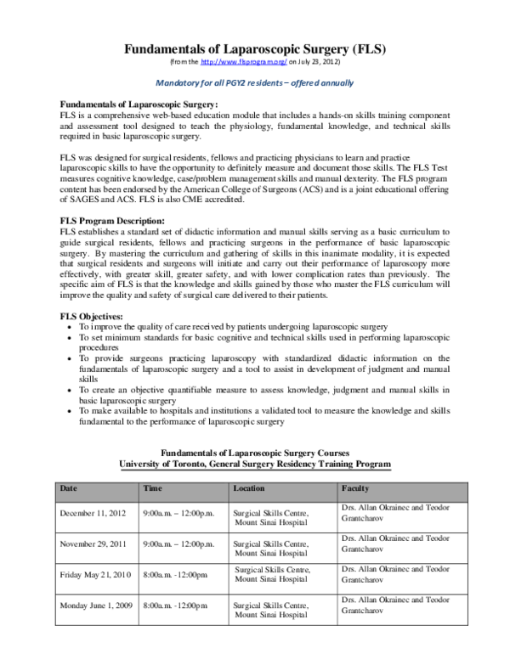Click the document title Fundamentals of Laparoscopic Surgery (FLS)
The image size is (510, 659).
coord(255,49)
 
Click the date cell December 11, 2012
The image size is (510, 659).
coord(94,514)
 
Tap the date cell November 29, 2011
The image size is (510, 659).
coord(95,544)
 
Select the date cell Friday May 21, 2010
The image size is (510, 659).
coord(95,574)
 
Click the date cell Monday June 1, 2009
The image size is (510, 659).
coord(95,605)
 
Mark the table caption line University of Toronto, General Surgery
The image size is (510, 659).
coord(255,465)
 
